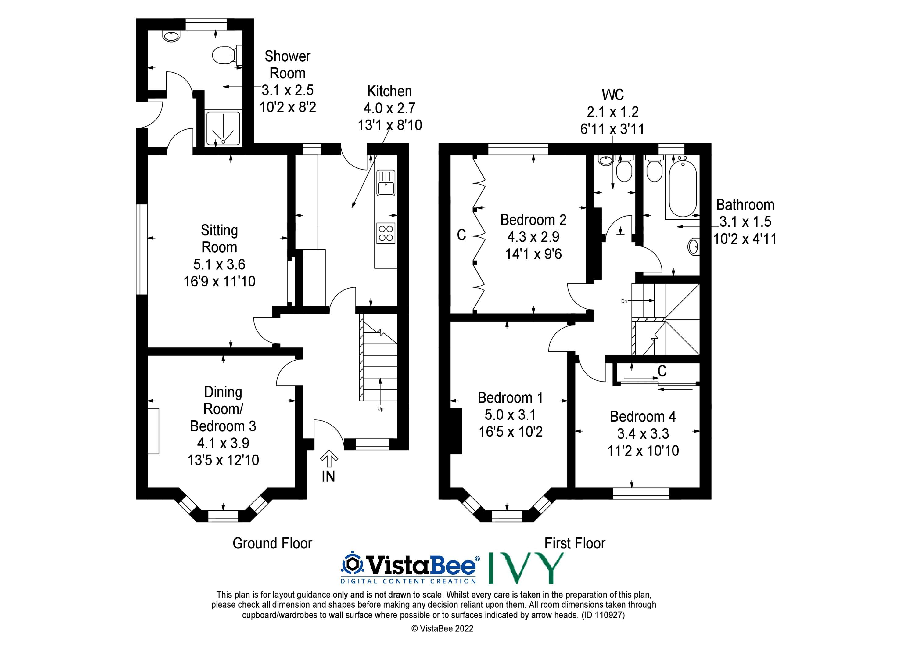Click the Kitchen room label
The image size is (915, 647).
[389, 91]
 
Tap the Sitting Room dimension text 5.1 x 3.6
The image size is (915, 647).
[219, 264]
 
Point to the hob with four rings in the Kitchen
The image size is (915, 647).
[386, 233]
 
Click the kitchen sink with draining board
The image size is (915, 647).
[386, 183]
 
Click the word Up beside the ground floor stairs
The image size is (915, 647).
[380, 409]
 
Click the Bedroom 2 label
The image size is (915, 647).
[533, 220]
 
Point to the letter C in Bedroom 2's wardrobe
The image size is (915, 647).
[461, 235]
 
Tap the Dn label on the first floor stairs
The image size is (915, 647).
[624, 301]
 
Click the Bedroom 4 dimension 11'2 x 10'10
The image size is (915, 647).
[643, 451]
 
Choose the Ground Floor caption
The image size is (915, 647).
[273, 543]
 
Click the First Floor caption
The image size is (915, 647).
[575, 543]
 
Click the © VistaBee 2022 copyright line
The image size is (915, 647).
[442, 629]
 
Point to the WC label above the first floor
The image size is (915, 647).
[612, 95]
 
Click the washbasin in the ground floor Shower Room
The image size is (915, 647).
[171, 36]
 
